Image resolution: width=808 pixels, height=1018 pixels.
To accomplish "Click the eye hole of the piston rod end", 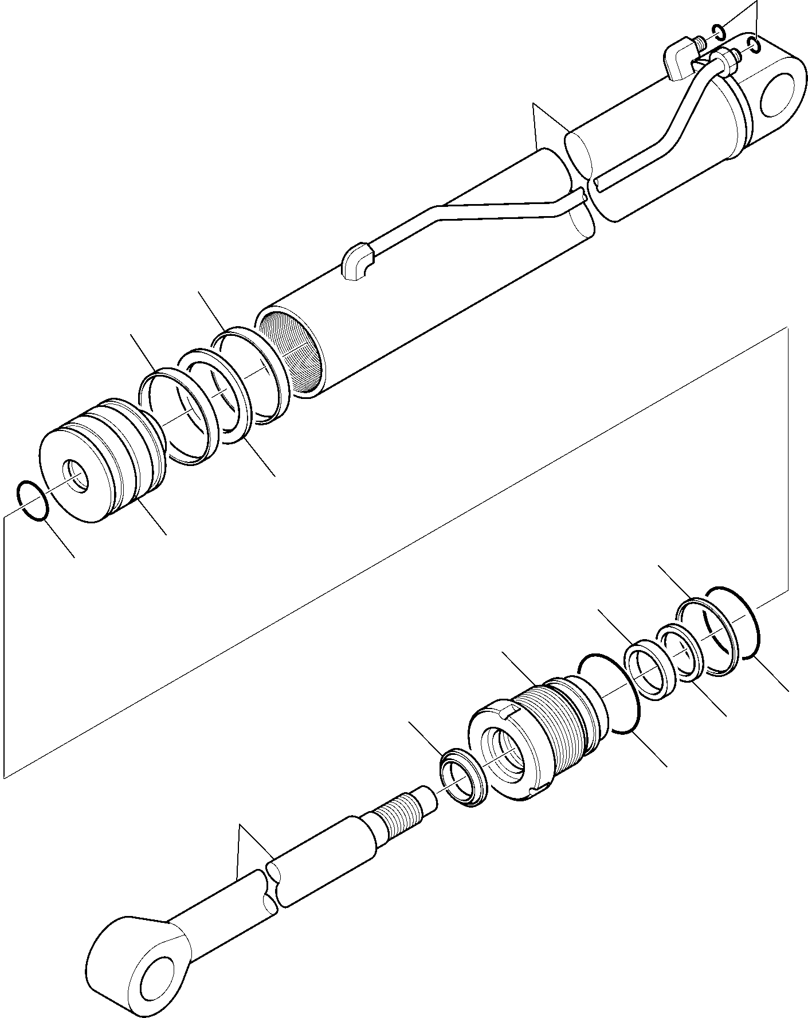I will tap(158, 974).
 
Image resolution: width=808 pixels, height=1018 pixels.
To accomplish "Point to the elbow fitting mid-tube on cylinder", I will tap(357, 264).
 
